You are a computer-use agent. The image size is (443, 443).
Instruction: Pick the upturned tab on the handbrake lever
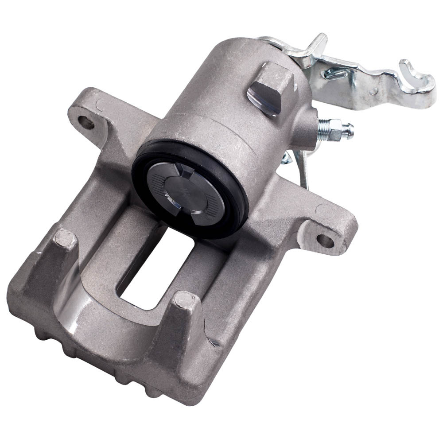[x=318, y=44]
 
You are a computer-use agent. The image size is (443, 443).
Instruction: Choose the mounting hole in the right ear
[x=325, y=240]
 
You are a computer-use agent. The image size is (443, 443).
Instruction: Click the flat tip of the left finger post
[x=63, y=240]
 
